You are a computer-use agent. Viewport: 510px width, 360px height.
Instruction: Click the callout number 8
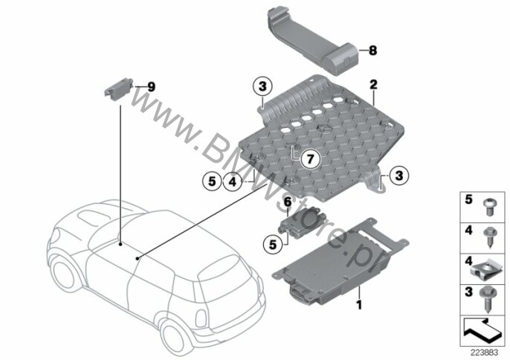point(372,51)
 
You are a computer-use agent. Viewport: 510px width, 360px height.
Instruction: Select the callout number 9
point(151,87)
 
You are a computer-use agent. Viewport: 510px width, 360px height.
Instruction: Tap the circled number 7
point(310,159)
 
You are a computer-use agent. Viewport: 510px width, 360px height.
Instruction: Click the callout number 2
point(373,85)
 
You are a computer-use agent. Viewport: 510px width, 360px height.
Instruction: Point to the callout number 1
point(359,305)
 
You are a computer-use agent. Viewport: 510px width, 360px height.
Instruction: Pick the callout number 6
point(288,202)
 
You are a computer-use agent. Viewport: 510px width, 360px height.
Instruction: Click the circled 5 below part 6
point(273,245)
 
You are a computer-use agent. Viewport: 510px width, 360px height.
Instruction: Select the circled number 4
point(233,181)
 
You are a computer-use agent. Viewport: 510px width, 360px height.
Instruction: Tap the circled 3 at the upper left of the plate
point(262,86)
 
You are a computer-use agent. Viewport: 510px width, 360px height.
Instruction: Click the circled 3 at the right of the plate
point(398,176)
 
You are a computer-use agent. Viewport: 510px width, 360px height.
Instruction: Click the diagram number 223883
point(484,353)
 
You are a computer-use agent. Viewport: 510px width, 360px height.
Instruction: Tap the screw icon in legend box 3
point(487,300)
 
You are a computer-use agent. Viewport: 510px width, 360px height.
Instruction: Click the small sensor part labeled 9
point(118,87)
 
